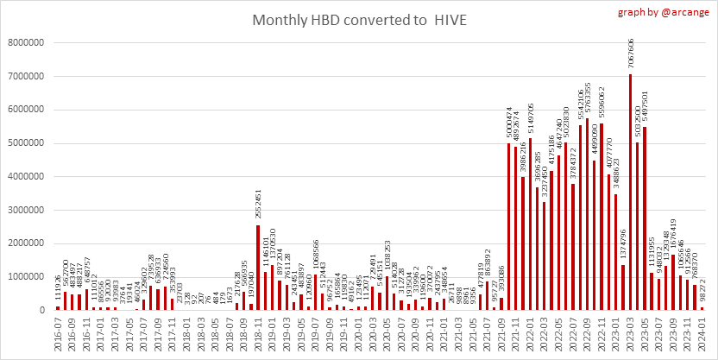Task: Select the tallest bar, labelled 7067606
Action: [630, 192]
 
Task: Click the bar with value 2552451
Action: [258, 267]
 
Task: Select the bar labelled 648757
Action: [86, 299]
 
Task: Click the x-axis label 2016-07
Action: [58, 333]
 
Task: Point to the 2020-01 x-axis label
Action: [358, 333]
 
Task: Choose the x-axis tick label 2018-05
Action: [201, 333]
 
